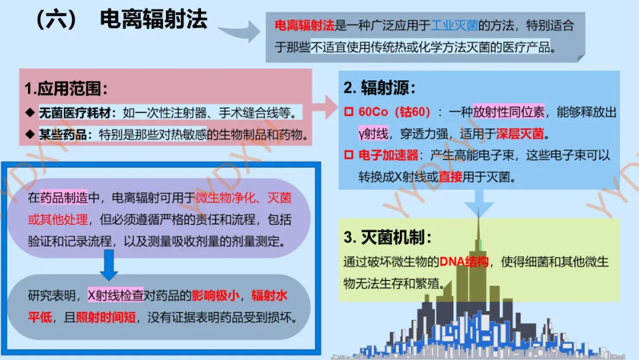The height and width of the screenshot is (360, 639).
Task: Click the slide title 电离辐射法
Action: coord(153,20)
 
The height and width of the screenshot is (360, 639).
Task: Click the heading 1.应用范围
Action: coord(66,89)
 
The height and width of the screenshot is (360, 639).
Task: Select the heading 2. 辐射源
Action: coord(380,88)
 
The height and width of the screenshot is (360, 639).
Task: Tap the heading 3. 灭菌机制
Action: coord(388,237)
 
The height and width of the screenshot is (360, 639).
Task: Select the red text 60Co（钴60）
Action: coord(395,112)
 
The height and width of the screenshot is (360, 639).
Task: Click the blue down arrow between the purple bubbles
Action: coord(109,263)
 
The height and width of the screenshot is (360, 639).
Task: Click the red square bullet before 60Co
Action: coord(348,112)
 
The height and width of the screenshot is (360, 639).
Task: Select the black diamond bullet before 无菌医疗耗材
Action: coord(30,112)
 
